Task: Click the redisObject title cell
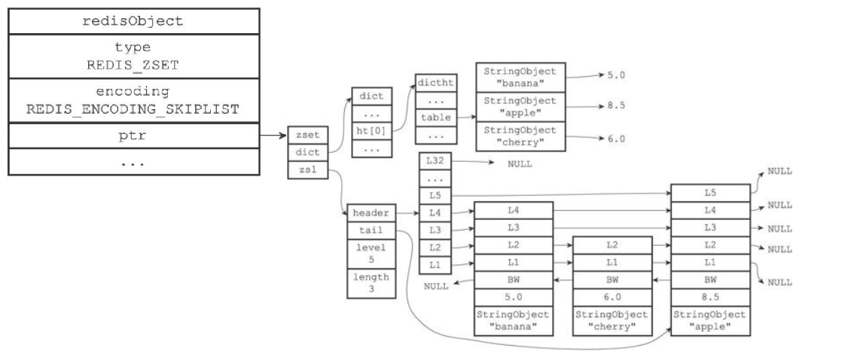tap(133, 21)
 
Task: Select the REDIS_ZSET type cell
tap(133, 56)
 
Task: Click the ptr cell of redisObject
tap(133, 136)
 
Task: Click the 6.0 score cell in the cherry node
tap(612, 297)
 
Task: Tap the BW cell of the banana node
tap(513, 280)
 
